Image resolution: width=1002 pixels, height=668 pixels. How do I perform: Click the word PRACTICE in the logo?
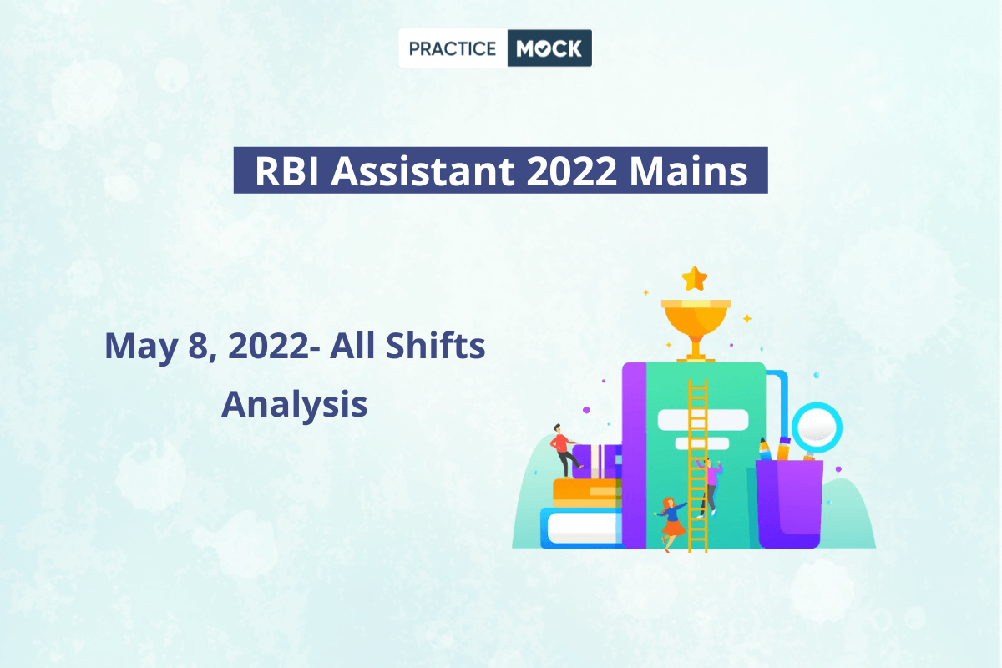(453, 48)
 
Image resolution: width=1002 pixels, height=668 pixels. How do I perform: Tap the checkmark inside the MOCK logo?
(542, 48)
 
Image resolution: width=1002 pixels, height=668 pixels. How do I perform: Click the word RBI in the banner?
(286, 170)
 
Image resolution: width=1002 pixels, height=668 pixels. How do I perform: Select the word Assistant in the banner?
(423, 170)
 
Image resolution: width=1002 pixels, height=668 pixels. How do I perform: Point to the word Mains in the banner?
(688, 170)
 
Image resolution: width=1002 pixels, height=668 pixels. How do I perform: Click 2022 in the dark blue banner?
(572, 170)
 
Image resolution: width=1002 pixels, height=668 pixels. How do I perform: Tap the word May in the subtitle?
(141, 347)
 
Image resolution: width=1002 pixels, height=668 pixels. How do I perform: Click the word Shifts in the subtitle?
(435, 346)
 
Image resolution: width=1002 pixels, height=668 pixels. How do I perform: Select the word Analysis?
(294, 405)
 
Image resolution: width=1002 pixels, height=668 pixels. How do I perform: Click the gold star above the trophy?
(695, 279)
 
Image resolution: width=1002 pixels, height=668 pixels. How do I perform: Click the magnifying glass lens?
(817, 428)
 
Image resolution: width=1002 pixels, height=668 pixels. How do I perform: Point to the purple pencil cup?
(790, 504)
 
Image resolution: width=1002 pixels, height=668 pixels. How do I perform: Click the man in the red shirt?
(564, 451)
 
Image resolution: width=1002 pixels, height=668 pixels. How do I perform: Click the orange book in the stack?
(587, 493)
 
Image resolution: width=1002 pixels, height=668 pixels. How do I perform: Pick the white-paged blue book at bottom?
(581, 528)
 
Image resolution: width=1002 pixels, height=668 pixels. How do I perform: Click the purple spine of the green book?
(635, 455)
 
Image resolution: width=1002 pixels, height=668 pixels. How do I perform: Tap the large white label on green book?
(703, 420)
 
